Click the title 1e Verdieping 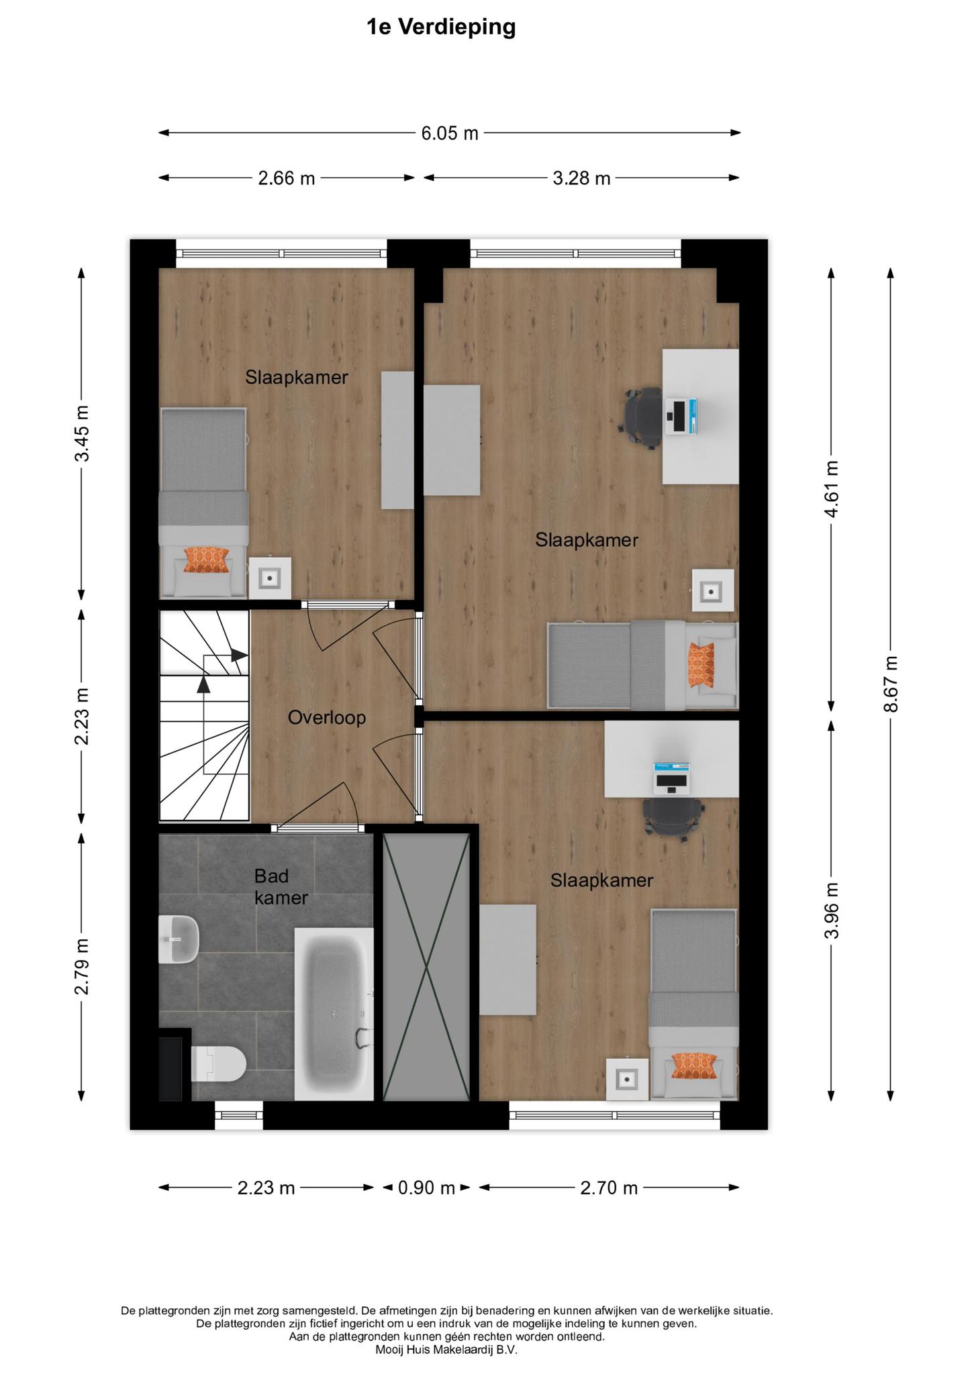pos(441,28)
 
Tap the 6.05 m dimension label pos(450,134)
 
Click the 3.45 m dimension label pos(82,433)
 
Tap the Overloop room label pos(327,718)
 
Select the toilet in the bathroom pos(219,1063)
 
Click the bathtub pos(334,1014)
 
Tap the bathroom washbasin pos(179,939)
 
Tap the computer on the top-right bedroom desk pos(681,417)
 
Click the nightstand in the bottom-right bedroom pos(628,1079)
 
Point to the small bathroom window pos(239,1114)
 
